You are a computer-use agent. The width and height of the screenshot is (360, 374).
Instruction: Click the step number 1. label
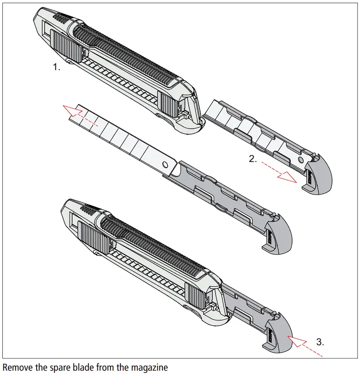56,67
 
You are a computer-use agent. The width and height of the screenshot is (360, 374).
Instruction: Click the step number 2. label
253,159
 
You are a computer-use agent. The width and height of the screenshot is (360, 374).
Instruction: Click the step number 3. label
320,342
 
